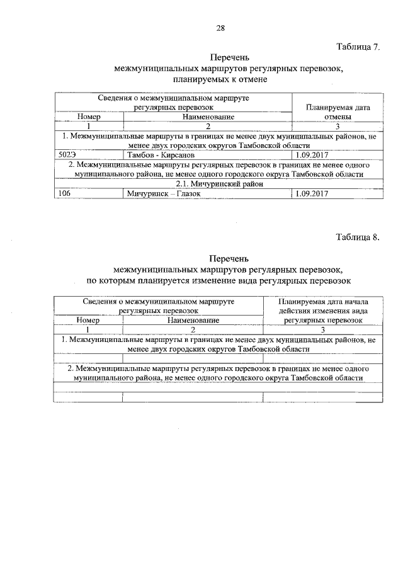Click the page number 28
pyautogui.click(x=220, y=28)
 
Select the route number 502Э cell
pyautogui.click(x=67, y=154)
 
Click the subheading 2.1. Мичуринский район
pyautogui.click(x=219, y=183)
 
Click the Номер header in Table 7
pyautogui.click(x=89, y=117)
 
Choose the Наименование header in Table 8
pyautogui.click(x=193, y=320)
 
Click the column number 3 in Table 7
pyautogui.click(x=338, y=126)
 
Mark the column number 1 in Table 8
pyautogui.click(x=89, y=329)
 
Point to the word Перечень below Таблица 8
pyautogui.click(x=220, y=258)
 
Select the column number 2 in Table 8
pyautogui.click(x=193, y=329)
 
